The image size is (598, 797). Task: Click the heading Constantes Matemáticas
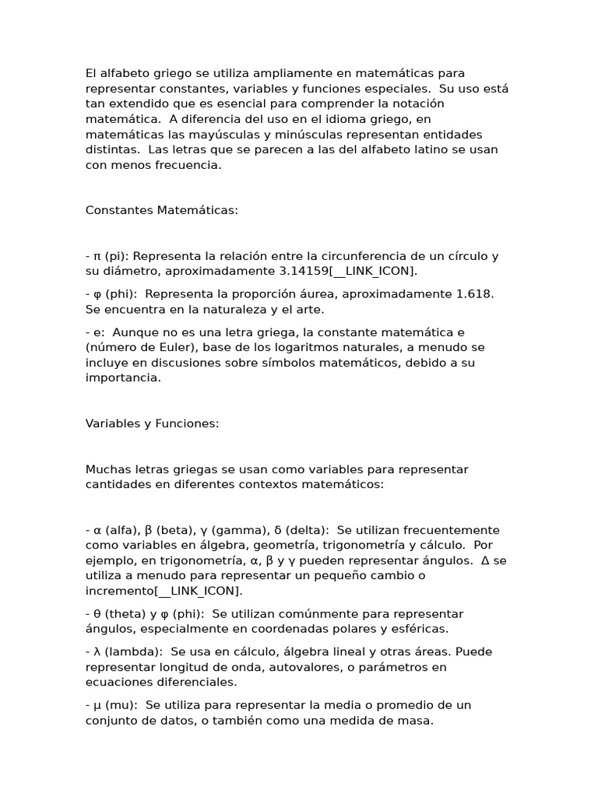161,210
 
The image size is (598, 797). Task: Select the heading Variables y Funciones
152,423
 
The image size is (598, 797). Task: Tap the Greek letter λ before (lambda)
97,651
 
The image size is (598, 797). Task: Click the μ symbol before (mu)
97,705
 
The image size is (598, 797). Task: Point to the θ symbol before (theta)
97,614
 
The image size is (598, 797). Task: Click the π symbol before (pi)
97,256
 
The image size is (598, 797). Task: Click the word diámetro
128,271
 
